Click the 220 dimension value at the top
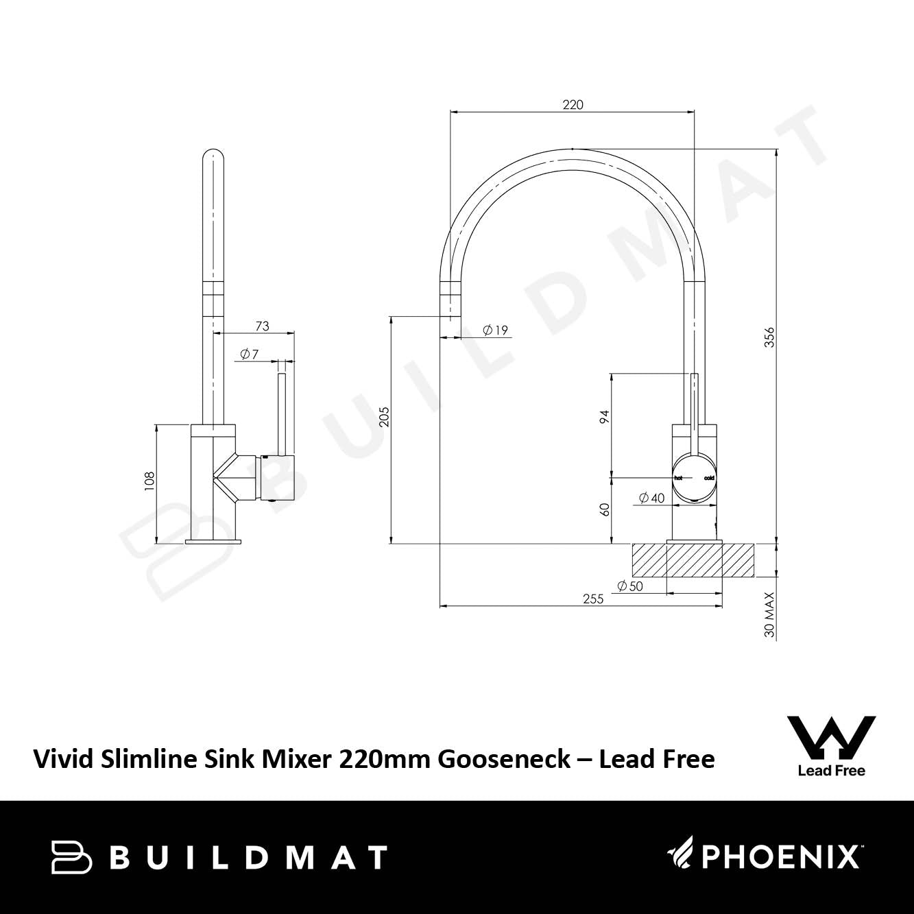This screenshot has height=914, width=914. coord(573,105)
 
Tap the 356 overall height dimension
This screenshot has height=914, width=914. coord(769,337)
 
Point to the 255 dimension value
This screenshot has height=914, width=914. coord(593,599)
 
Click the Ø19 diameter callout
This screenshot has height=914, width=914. coord(495,330)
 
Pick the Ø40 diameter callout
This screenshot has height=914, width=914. coord(651,498)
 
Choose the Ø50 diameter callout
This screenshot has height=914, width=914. coord(630,586)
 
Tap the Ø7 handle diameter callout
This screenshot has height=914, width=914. coord(250,354)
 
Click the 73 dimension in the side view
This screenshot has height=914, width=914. coord(263,326)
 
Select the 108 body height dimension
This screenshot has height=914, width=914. coord(149,481)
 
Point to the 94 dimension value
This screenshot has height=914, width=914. coord(604,416)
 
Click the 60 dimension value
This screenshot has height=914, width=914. coord(604,509)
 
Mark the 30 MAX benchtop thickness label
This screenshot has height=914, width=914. coord(769,614)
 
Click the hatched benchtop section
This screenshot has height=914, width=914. coord(693,560)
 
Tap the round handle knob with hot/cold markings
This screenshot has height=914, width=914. coord(695,478)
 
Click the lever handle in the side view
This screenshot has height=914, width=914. coord(282,413)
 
